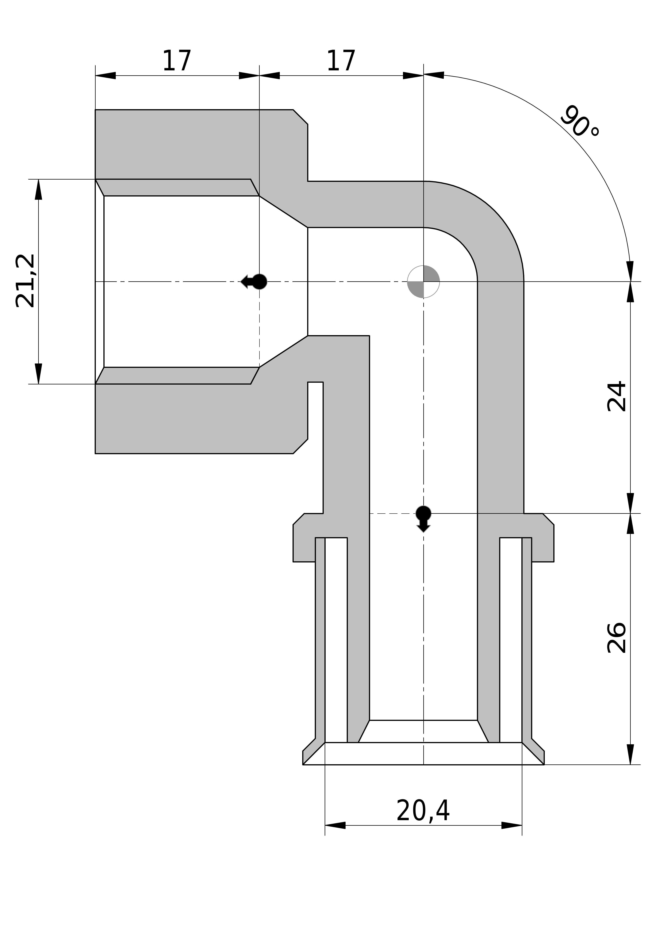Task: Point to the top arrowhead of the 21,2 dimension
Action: point(39,189)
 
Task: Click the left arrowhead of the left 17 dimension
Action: point(106,76)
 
